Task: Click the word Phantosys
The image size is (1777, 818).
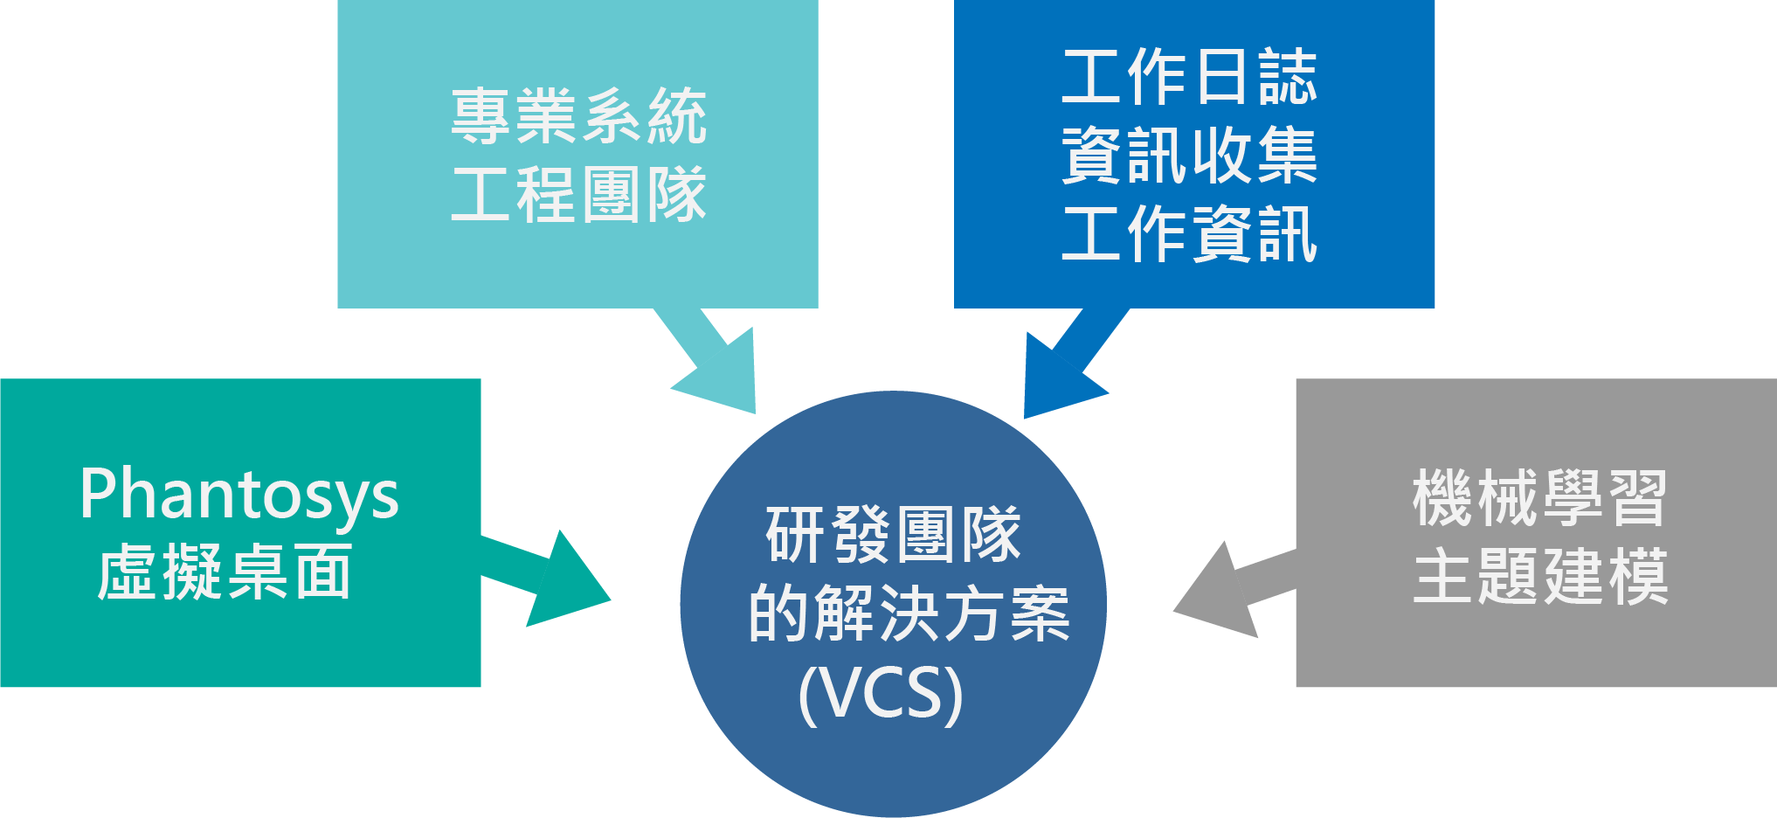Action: click(239, 495)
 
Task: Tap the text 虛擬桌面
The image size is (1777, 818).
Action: click(225, 572)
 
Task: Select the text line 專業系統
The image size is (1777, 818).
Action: click(578, 116)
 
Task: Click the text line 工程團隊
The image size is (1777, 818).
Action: click(578, 195)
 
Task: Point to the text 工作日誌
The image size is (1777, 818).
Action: click(1189, 78)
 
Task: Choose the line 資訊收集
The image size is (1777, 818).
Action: click(1189, 156)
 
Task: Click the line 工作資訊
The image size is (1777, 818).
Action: click(1189, 234)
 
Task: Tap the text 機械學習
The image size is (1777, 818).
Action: click(1539, 498)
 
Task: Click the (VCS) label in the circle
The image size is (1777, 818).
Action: click(881, 694)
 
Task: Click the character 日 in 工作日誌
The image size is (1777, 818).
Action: click(1221, 78)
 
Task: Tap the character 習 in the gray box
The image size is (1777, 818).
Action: click(1638, 498)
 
